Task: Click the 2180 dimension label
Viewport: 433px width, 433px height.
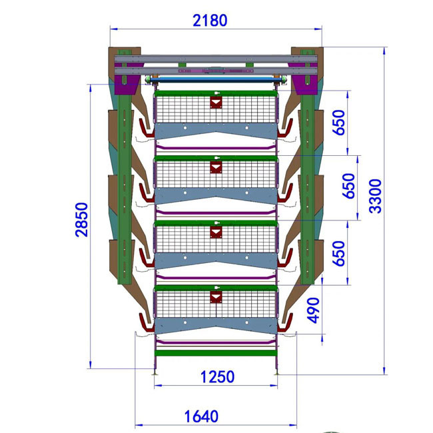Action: tap(210, 21)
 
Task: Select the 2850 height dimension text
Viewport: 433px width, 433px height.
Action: tap(82, 220)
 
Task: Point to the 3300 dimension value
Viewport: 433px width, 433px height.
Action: tap(376, 196)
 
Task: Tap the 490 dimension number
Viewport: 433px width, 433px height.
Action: tap(314, 310)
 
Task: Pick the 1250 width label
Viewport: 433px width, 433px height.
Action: tap(218, 377)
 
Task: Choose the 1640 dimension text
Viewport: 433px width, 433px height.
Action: tap(201, 416)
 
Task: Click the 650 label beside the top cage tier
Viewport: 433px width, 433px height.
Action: tap(339, 123)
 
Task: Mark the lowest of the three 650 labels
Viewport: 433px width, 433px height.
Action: tap(339, 254)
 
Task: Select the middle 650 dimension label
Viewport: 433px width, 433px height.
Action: tap(348, 186)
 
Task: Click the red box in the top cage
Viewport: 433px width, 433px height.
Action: tap(216, 102)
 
